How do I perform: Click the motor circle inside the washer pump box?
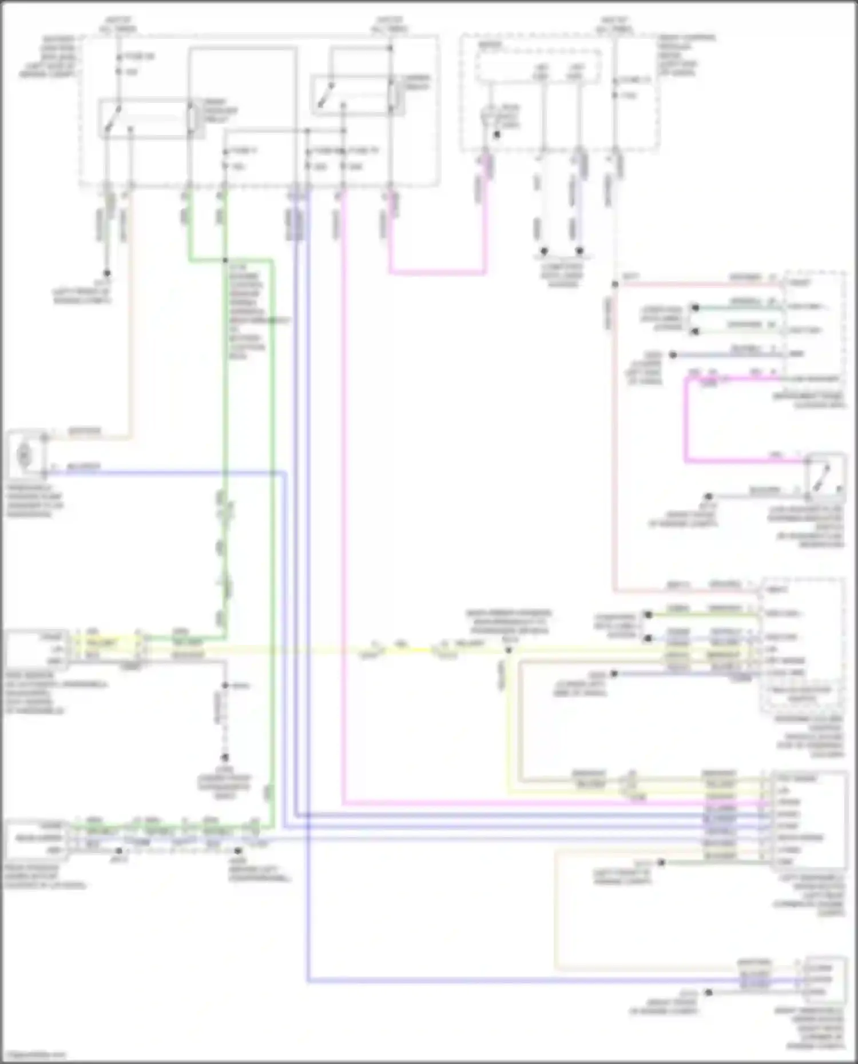coord(24,455)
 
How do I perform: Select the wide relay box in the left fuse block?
coord(152,118)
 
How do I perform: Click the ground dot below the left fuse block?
coord(106,273)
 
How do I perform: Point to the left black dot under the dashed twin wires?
coord(544,251)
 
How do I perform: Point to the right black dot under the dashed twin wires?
coord(579,251)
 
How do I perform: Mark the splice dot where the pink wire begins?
coord(614,284)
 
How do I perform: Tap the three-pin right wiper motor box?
coord(824,979)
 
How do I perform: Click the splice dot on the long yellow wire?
coord(508,650)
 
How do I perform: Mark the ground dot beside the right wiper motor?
coord(708,993)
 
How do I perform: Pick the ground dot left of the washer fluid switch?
coord(708,496)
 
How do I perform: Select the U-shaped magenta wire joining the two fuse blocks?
coord(438,272)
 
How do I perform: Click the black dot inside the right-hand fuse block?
coord(496,136)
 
